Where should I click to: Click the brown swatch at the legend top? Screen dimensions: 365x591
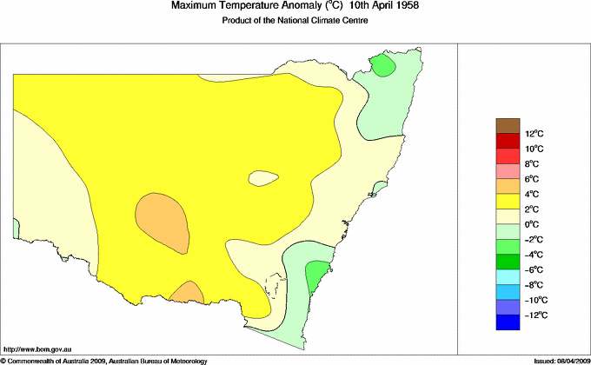(x=508, y=126)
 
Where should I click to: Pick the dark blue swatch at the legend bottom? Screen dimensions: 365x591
(x=508, y=322)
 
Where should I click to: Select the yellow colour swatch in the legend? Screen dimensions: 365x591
(x=508, y=202)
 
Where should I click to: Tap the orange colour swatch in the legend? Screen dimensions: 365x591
(x=508, y=186)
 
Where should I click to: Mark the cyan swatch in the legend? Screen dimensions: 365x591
(x=508, y=276)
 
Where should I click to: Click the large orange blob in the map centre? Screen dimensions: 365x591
(x=163, y=219)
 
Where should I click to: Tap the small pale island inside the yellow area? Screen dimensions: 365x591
(x=263, y=178)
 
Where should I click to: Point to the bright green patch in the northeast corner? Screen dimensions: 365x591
(x=383, y=66)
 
